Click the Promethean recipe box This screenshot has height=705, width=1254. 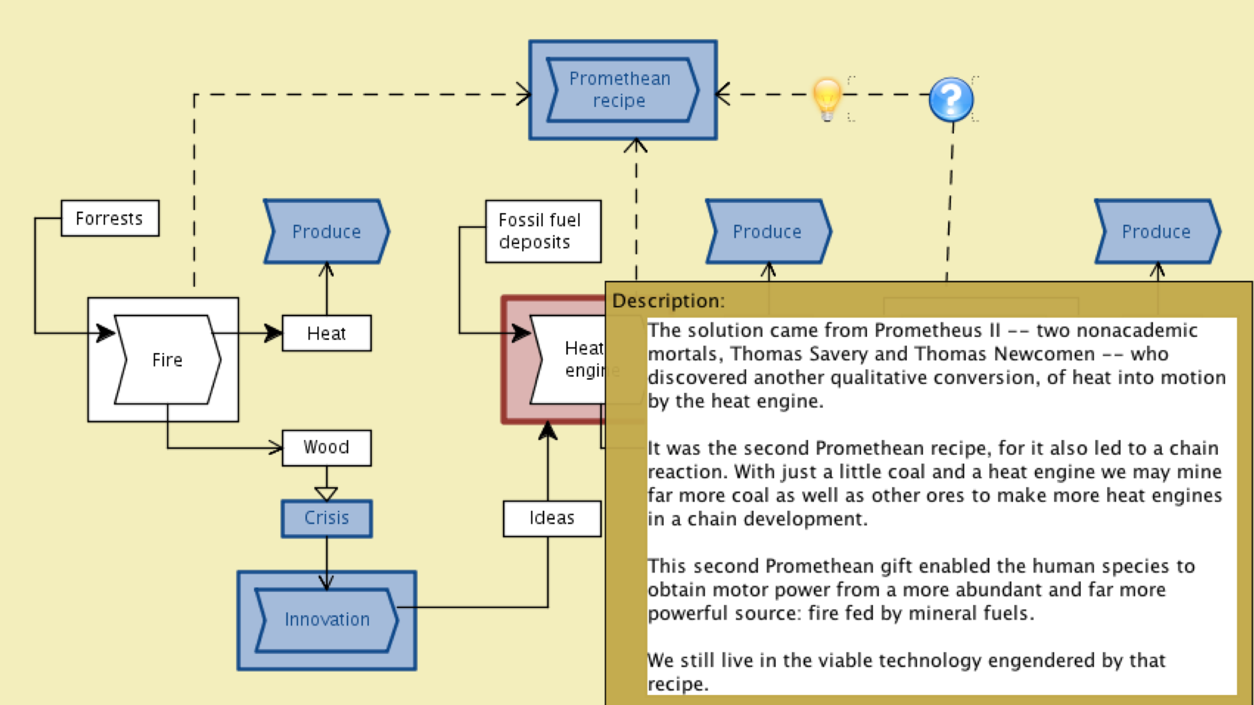(x=622, y=90)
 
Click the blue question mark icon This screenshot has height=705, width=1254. (x=951, y=99)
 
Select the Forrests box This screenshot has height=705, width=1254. (x=110, y=218)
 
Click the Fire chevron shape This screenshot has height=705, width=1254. (x=168, y=360)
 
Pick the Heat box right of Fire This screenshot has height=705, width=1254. (x=326, y=333)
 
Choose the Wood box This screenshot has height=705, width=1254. (x=326, y=448)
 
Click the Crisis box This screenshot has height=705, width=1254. (x=326, y=518)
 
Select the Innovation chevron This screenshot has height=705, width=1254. (x=327, y=620)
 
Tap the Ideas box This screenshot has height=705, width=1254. (x=552, y=518)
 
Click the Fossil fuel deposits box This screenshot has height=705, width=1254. (x=543, y=231)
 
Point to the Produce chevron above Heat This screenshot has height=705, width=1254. (x=326, y=232)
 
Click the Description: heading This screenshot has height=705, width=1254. (x=668, y=301)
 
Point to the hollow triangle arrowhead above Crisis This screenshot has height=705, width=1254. (x=326, y=493)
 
